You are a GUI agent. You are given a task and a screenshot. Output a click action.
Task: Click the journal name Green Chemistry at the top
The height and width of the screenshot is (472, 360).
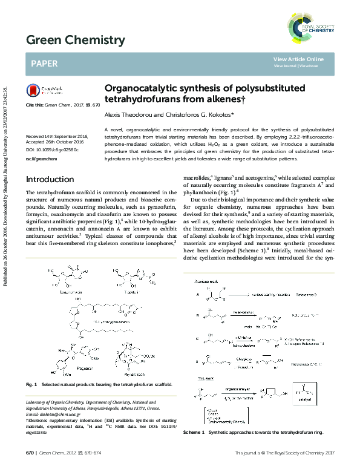[76, 41]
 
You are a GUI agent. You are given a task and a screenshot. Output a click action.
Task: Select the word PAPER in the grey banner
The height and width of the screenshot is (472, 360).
[44, 63]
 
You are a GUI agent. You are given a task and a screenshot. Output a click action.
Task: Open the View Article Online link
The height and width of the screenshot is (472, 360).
[298, 59]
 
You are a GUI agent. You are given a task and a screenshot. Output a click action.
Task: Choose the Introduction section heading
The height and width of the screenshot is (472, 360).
[50, 179]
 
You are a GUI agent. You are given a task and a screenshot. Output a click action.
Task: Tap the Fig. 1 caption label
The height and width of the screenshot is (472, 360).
[31, 384]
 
